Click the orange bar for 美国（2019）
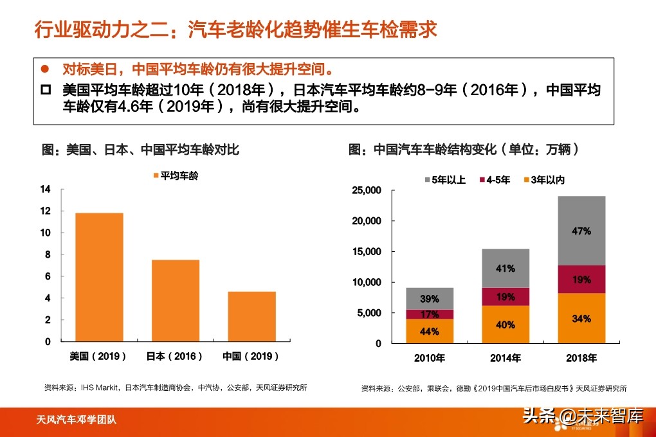pyautogui.click(x=99, y=276)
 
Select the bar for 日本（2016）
pyautogui.click(x=175, y=300)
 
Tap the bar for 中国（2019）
pyautogui.click(x=251, y=316)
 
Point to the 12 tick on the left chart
pyautogui.click(x=44, y=211)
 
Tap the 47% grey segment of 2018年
pyautogui.click(x=581, y=231)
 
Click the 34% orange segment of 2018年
pyautogui.click(x=581, y=317)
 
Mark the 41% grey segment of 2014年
pyautogui.click(x=506, y=268)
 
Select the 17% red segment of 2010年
pyautogui.click(x=429, y=314)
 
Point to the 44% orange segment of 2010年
pyautogui.click(x=429, y=331)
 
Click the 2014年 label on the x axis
pyautogui.click(x=506, y=357)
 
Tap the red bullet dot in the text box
pyautogui.click(x=45, y=68)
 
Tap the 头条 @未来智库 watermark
pyautogui.click(x=582, y=416)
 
